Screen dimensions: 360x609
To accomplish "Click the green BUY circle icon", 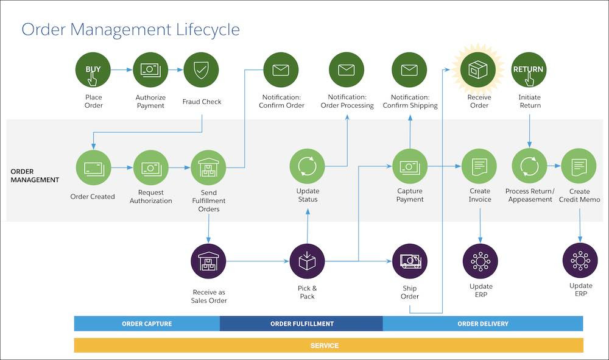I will click(x=93, y=70).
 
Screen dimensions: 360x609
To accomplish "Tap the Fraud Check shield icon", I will click(x=202, y=70).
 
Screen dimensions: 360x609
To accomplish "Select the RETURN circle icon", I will click(x=528, y=70).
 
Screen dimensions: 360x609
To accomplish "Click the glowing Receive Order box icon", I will click(x=479, y=70).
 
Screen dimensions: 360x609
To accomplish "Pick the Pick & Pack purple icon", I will click(x=308, y=261).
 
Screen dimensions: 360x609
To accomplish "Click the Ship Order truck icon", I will click(x=410, y=261).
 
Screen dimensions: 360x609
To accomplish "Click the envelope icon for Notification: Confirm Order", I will click(x=281, y=70).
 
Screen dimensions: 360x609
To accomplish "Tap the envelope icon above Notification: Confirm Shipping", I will click(x=410, y=70).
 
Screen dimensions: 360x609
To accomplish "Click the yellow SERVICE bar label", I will click(x=325, y=345).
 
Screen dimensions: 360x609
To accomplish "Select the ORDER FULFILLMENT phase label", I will click(x=301, y=323).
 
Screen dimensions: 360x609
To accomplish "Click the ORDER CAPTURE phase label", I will click(x=147, y=323).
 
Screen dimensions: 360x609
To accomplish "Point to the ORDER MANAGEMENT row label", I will click(x=35, y=175).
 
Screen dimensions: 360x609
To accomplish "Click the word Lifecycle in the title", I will click(x=204, y=29).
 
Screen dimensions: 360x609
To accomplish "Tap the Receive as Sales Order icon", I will click(x=208, y=261).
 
